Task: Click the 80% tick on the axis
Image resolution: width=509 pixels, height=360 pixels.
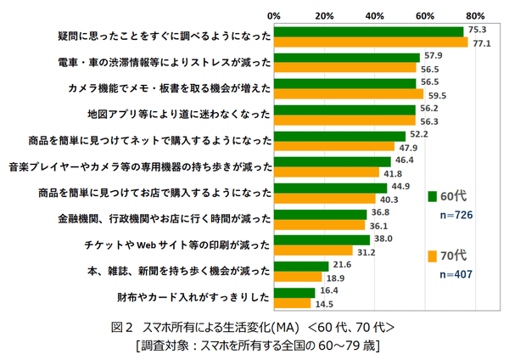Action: (475, 15)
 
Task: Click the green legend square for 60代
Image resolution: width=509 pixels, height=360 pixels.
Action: (432, 196)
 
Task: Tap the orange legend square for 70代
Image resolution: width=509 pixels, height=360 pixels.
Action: (432, 256)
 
